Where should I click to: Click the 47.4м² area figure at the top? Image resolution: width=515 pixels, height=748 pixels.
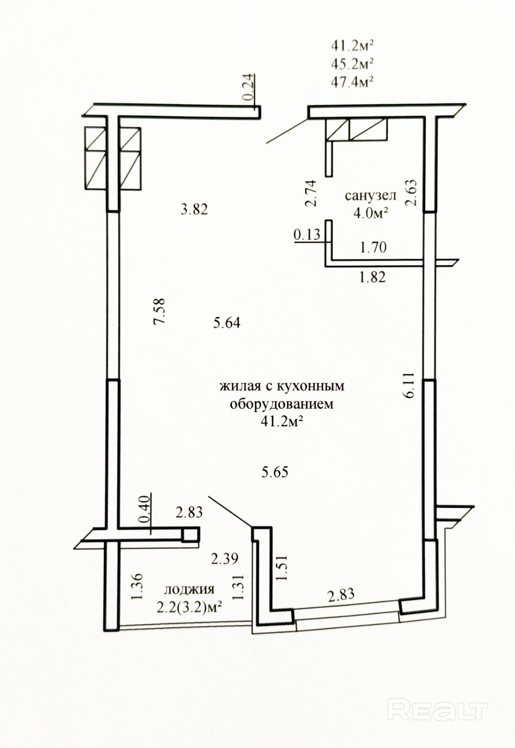pyautogui.click(x=352, y=81)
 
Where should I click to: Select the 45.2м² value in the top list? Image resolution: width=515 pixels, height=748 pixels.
pyautogui.click(x=352, y=64)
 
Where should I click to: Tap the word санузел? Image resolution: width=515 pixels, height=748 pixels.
pyautogui.click(x=370, y=196)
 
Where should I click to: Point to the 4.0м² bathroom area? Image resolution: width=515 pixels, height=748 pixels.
pyautogui.click(x=372, y=213)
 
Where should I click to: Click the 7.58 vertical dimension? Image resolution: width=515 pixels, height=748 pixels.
pyautogui.click(x=159, y=310)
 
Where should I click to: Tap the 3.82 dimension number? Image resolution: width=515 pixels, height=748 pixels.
pyautogui.click(x=194, y=210)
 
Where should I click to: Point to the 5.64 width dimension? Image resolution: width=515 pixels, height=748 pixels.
pyautogui.click(x=227, y=323)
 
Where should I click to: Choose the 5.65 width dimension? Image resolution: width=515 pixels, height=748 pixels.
pyautogui.click(x=275, y=472)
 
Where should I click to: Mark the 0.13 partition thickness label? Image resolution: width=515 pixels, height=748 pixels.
pyautogui.click(x=307, y=234)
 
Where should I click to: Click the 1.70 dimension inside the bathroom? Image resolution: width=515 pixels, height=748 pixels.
pyautogui.click(x=373, y=247)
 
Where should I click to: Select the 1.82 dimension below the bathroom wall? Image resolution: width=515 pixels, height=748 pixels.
pyautogui.click(x=372, y=277)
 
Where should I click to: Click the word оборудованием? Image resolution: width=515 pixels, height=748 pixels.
pyautogui.click(x=282, y=404)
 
